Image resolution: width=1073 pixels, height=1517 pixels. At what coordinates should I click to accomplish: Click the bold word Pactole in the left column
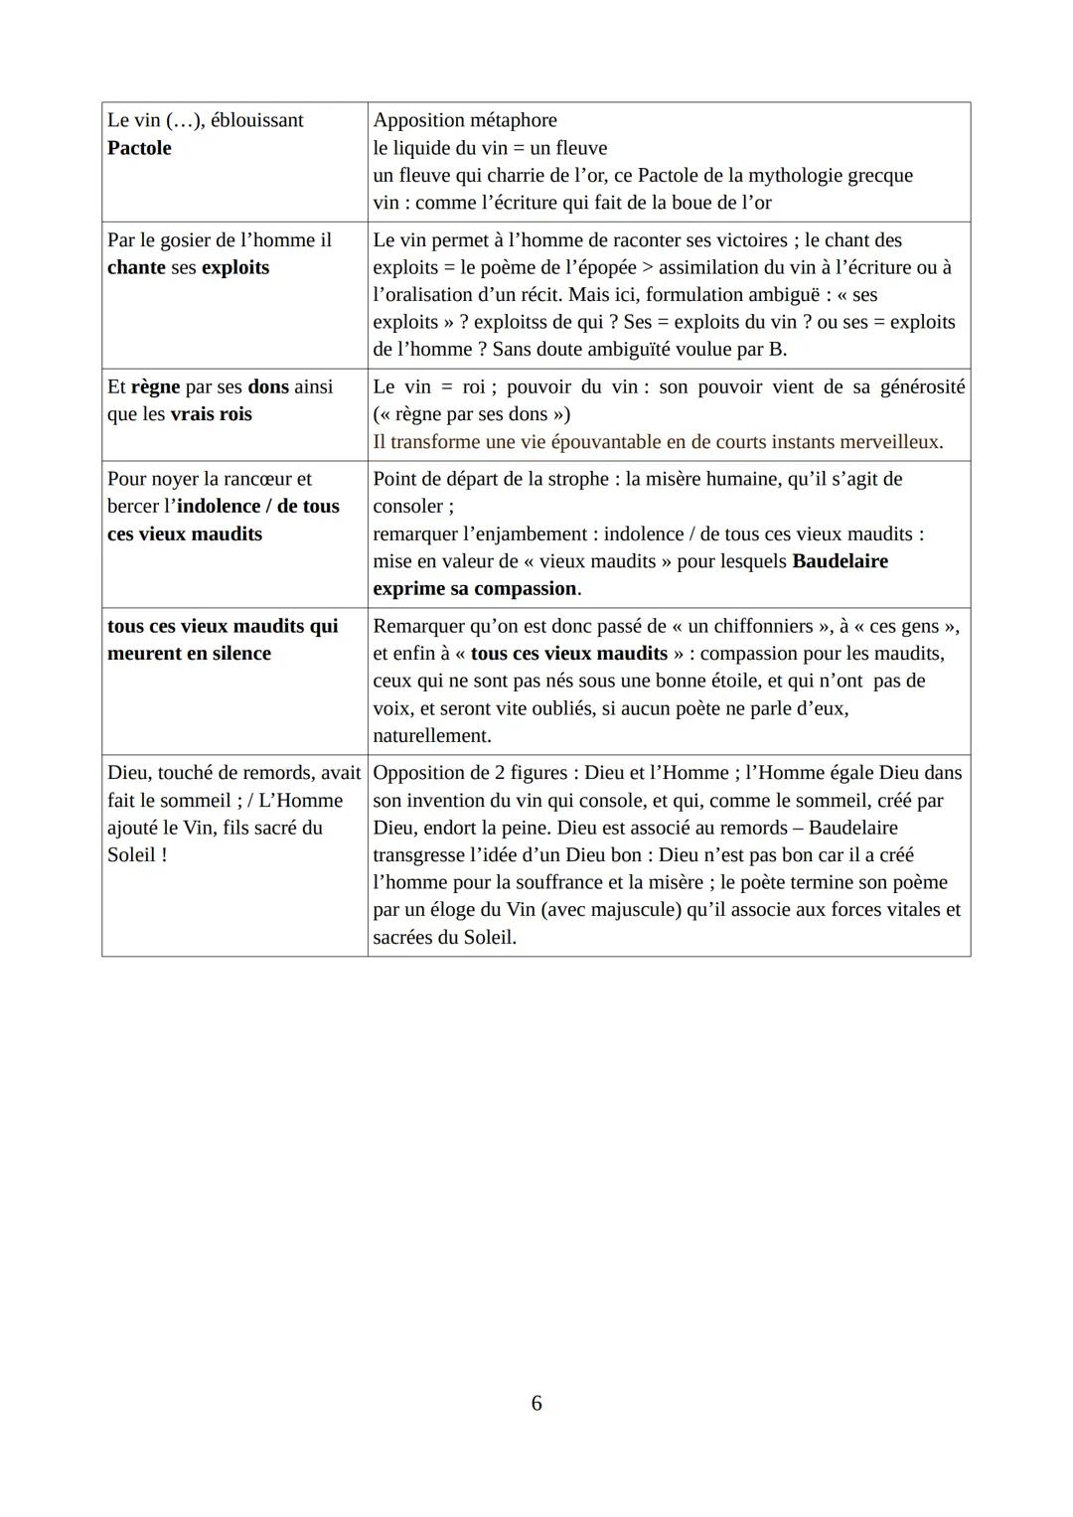point(139,148)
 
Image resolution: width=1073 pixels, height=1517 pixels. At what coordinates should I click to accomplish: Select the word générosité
point(922,386)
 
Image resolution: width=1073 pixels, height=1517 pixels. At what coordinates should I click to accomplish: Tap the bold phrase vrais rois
point(211,414)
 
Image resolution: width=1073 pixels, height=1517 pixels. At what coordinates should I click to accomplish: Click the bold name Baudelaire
point(840,561)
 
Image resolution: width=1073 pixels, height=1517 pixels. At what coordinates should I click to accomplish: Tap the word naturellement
point(432,736)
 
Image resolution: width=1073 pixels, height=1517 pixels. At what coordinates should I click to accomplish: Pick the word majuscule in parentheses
point(637,910)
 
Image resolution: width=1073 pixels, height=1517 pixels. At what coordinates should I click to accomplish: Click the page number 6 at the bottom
point(536,1403)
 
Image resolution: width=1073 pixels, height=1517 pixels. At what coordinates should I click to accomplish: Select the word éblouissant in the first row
point(257,120)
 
